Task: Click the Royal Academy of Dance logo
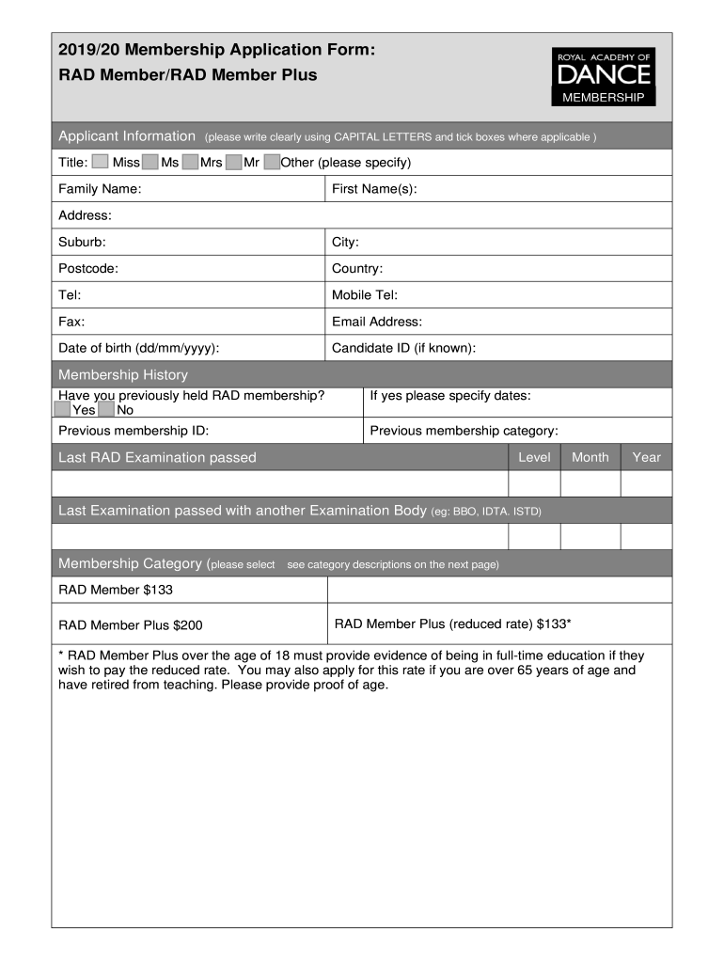pyautogui.click(x=603, y=76)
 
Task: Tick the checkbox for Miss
pyautogui.click(x=101, y=163)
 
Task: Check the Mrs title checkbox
pyautogui.click(x=190, y=163)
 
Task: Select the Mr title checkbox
pyautogui.click(x=234, y=163)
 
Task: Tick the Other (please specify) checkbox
pyautogui.click(x=272, y=163)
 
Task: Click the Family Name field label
pyautogui.click(x=100, y=189)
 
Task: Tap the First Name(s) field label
pyautogui.click(x=374, y=189)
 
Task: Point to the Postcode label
pyautogui.click(x=88, y=268)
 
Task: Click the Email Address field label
pyautogui.click(x=377, y=322)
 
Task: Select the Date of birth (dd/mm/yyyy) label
pyautogui.click(x=139, y=348)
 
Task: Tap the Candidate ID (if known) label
pyautogui.click(x=403, y=348)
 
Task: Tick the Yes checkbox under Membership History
pyautogui.click(x=63, y=410)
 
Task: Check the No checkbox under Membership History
pyautogui.click(x=106, y=410)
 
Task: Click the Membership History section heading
pyautogui.click(x=123, y=374)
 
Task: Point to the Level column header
pyautogui.click(x=534, y=457)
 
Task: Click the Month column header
pyautogui.click(x=590, y=457)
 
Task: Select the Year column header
pyautogui.click(x=646, y=457)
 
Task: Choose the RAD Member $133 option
pyautogui.click(x=116, y=590)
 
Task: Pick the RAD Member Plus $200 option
pyautogui.click(x=130, y=624)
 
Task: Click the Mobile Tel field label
pyautogui.click(x=365, y=295)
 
